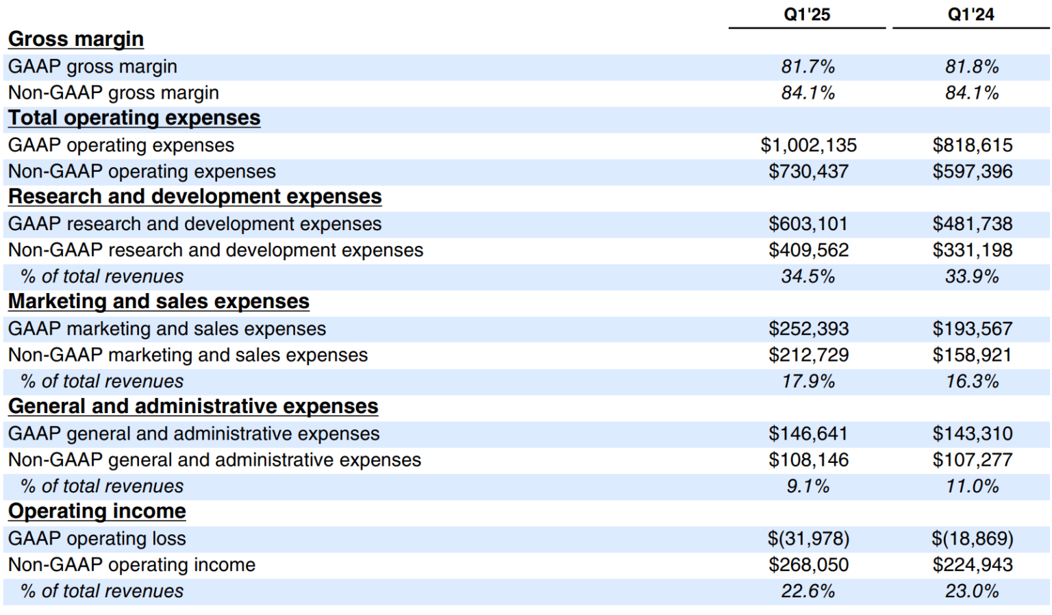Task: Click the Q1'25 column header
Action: (807, 14)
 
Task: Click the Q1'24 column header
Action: (970, 14)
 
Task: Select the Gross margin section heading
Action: (76, 39)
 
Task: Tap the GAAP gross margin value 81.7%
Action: (807, 66)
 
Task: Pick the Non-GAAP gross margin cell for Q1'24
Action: (971, 92)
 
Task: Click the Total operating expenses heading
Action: (134, 118)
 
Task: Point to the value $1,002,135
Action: (808, 145)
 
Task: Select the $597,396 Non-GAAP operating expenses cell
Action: (972, 171)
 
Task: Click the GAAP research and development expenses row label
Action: (195, 224)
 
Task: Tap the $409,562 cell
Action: (808, 250)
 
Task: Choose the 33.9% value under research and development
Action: (971, 277)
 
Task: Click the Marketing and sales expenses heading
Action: (159, 301)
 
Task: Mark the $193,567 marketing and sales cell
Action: (972, 329)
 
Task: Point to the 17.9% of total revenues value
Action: (807, 381)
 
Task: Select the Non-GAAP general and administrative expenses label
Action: (214, 460)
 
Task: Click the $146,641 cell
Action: (808, 434)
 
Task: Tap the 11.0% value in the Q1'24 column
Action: (971, 486)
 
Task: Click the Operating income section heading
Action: (97, 511)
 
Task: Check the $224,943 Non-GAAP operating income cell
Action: (972, 565)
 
